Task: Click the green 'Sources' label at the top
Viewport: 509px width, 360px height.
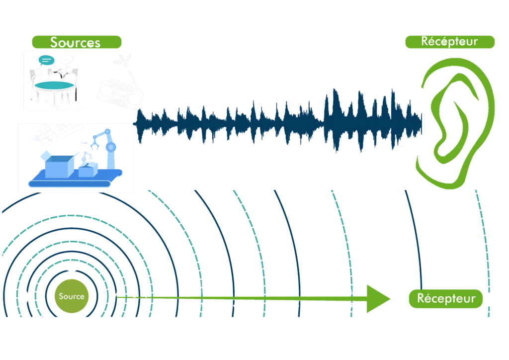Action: (77, 42)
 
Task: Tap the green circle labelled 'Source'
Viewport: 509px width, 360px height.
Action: (72, 296)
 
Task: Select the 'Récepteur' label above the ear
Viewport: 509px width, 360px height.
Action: (449, 42)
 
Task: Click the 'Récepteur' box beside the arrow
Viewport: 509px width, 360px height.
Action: (445, 299)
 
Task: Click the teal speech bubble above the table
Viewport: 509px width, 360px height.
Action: (46, 60)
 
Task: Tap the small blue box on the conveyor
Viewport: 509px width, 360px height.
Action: (87, 170)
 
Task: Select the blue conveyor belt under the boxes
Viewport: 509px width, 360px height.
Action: (75, 180)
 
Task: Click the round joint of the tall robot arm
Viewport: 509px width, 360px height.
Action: (110, 147)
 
